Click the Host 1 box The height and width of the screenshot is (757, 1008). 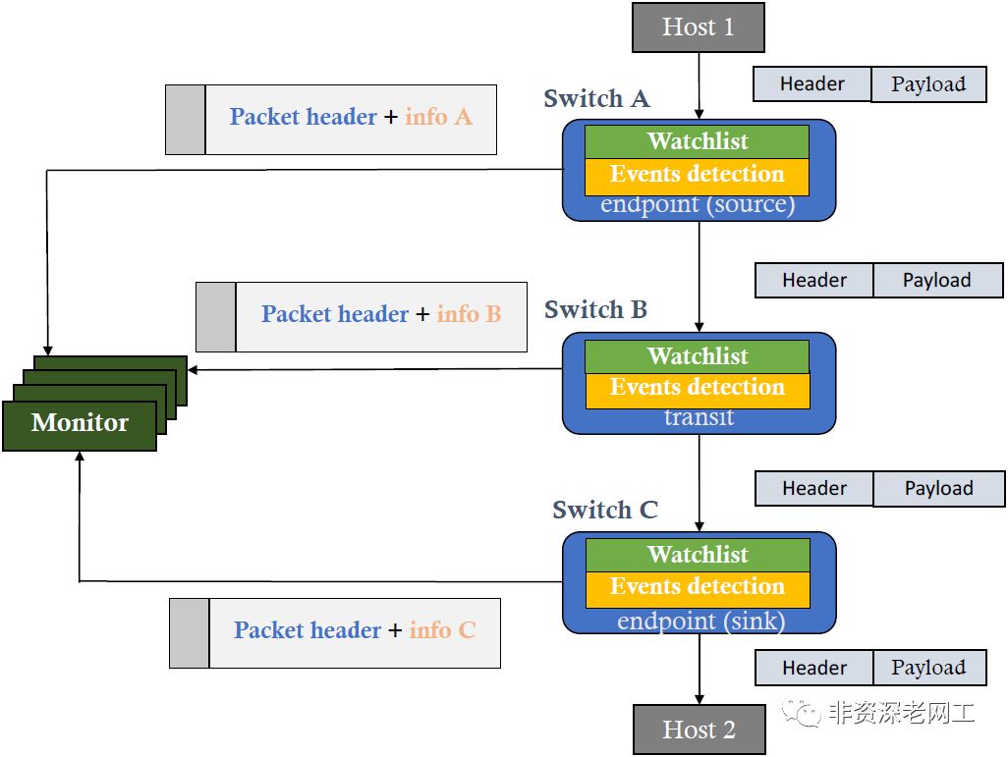698,27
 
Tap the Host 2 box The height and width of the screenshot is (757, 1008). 699,730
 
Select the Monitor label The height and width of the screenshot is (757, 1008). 80,423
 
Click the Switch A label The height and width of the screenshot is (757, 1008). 596,99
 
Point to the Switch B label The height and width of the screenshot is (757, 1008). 595,310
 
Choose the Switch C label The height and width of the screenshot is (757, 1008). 604,511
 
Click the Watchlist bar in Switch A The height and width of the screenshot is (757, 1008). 697,141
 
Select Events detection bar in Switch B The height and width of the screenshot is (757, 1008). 697,388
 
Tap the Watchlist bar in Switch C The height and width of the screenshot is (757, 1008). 698,555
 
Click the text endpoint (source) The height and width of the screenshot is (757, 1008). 697,205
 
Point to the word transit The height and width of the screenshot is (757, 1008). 699,417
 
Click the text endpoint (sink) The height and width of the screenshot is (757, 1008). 700,622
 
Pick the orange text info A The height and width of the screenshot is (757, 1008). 438,117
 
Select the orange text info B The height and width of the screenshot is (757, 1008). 469,314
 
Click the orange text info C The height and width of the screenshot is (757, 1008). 442,630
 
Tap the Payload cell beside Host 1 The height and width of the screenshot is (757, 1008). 928,84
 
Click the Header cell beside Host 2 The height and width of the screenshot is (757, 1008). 813,668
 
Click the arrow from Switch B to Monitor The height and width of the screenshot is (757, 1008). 373,369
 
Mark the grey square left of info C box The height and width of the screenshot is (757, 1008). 189,633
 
